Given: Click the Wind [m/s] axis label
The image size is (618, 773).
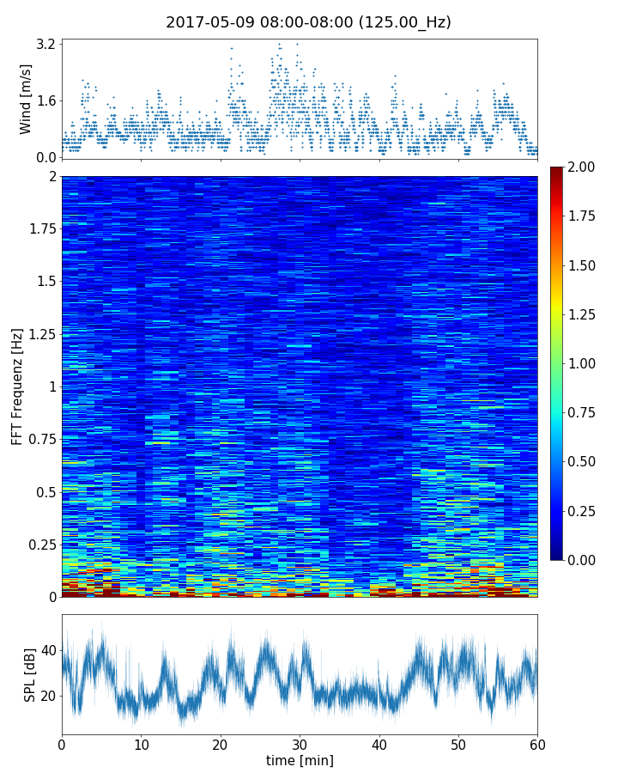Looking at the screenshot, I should [26, 99].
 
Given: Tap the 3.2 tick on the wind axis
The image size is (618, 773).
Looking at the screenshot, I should [45, 44].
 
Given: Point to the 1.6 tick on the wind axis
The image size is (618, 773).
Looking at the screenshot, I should [45, 100].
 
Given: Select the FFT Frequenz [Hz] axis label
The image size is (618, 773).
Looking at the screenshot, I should [17, 386].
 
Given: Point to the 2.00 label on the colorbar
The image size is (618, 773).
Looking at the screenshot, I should [586, 167].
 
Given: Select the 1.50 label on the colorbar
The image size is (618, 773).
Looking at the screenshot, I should [586, 265].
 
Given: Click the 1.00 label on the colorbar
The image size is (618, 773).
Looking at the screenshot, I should [586, 363].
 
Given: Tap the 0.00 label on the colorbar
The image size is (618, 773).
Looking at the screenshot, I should [586, 560].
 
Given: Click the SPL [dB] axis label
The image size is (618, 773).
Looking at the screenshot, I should [30, 673].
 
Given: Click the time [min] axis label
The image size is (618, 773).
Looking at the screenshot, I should [300, 760].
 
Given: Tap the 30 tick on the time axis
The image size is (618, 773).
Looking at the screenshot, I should [300, 743].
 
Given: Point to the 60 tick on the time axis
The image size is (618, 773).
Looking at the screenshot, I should [537, 743].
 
